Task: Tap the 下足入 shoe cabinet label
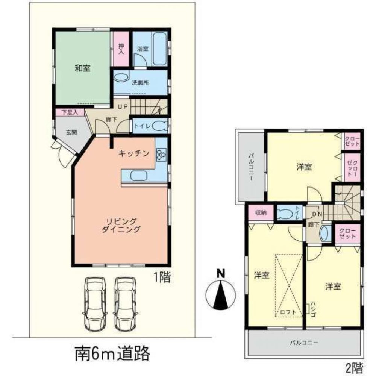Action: point(70,112)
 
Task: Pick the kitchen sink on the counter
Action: point(136,176)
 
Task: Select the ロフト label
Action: point(288,311)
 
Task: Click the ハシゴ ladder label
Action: point(313,309)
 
